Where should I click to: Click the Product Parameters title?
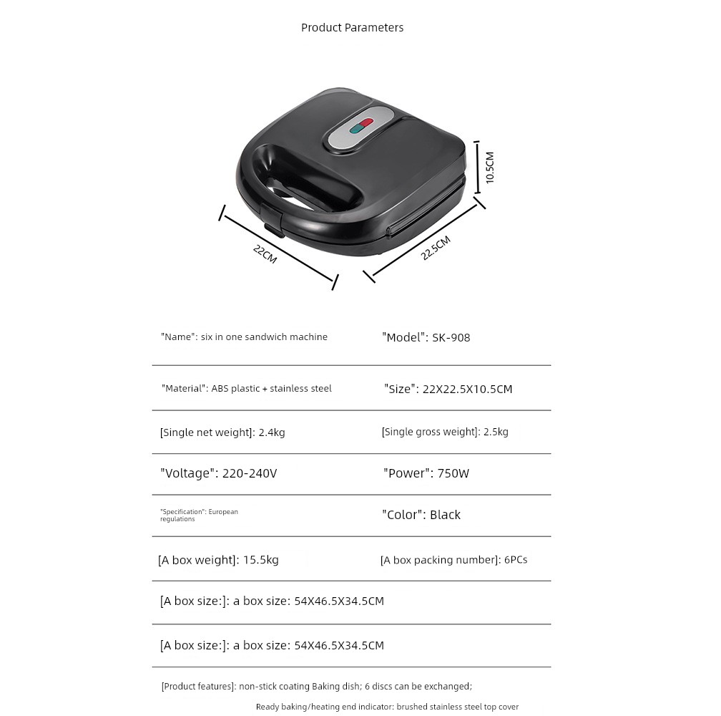(352, 28)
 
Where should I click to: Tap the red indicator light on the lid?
(366, 123)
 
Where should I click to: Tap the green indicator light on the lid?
(355, 130)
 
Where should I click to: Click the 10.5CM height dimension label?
(490, 167)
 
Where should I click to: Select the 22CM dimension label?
(265, 253)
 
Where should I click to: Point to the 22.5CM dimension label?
(436, 248)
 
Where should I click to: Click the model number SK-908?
(451, 337)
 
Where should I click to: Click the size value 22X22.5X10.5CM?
(468, 390)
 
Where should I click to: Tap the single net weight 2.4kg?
(271, 432)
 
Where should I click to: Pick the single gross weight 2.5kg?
(496, 432)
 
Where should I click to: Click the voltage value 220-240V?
(250, 473)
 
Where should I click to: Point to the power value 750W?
(453, 473)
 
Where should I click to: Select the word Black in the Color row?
(445, 515)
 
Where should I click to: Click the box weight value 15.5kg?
(261, 560)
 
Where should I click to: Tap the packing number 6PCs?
(516, 560)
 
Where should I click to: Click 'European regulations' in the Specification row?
(200, 515)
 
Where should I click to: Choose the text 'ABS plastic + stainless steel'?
(271, 389)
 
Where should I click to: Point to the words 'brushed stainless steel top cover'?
(458, 707)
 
